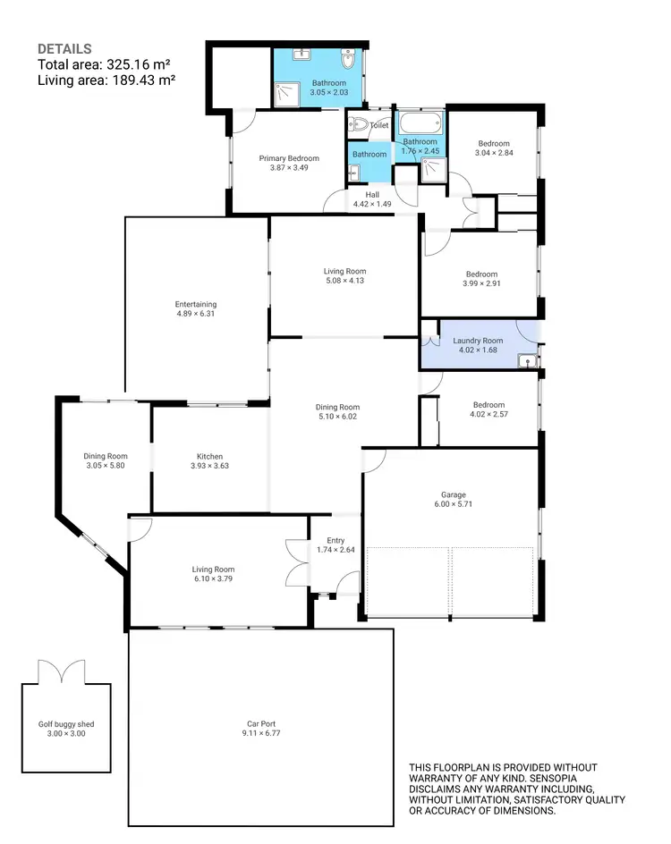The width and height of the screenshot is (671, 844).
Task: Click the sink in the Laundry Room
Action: click(x=526, y=360)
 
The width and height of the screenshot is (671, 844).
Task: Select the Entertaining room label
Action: click(x=196, y=304)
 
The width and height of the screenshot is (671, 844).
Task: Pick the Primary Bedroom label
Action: click(x=289, y=158)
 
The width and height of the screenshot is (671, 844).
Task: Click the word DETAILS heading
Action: click(x=64, y=48)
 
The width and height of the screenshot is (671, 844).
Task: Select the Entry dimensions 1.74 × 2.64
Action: click(x=335, y=550)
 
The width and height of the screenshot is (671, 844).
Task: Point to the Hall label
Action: click(x=372, y=194)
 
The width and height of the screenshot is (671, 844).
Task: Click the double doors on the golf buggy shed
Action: click(x=59, y=672)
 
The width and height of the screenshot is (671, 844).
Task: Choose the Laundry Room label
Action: click(x=478, y=341)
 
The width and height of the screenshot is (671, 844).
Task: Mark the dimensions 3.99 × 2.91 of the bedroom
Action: click(x=480, y=284)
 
